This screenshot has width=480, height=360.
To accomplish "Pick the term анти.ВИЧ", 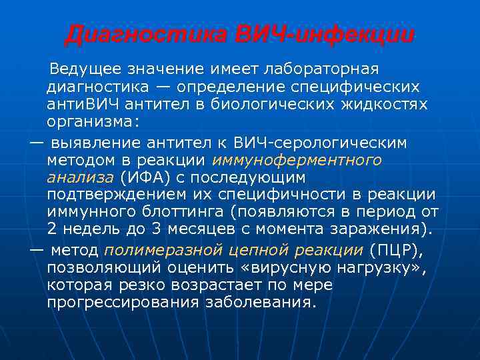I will (x=79, y=105).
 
